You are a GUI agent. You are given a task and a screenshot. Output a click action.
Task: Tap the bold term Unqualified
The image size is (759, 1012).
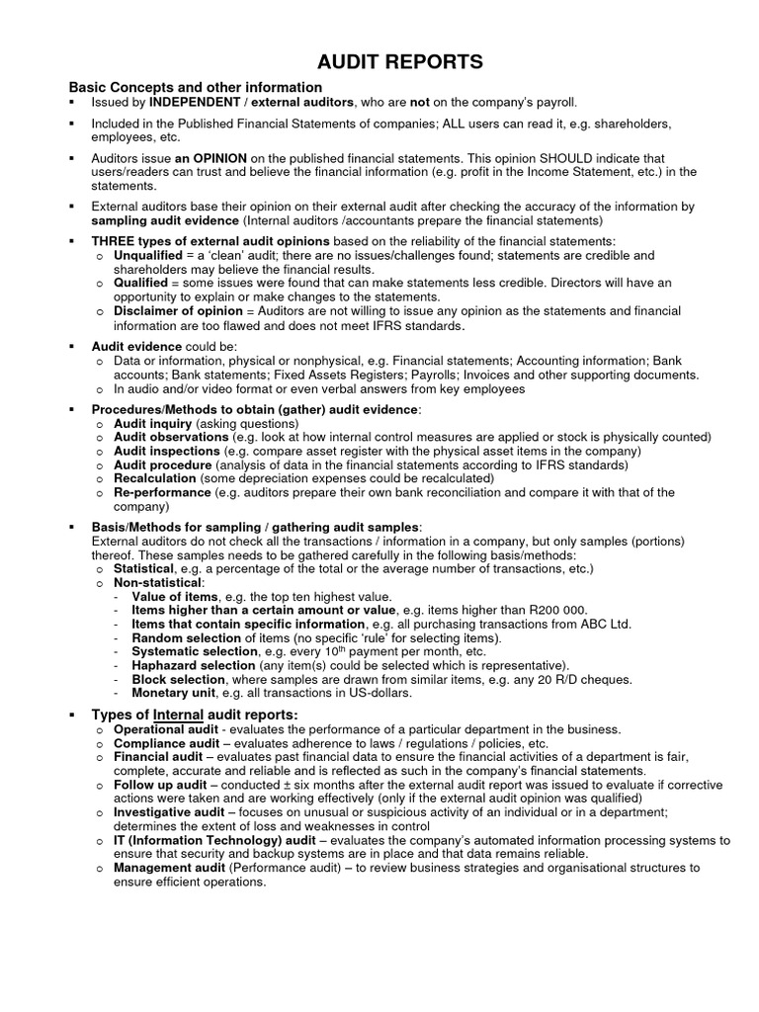[x=148, y=255]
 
